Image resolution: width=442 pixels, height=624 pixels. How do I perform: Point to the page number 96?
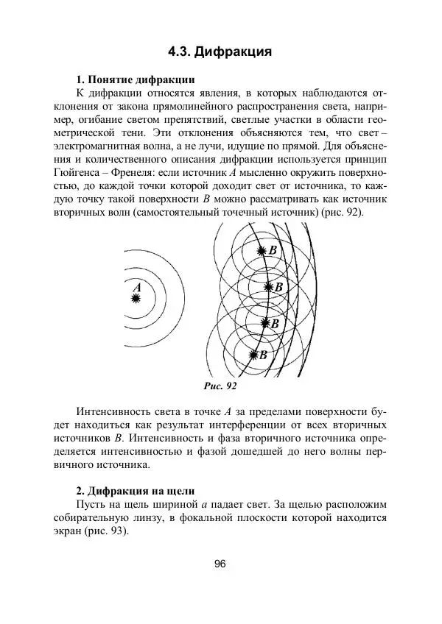click(x=220, y=564)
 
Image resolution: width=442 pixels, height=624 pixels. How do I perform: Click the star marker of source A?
click(x=136, y=298)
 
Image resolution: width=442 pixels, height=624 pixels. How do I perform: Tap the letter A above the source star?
click(x=137, y=287)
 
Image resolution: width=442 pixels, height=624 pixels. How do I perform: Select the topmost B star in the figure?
click(x=260, y=251)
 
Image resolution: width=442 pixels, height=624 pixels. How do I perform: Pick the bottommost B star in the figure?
click(x=253, y=355)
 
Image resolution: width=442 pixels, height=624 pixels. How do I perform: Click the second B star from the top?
click(x=267, y=287)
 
